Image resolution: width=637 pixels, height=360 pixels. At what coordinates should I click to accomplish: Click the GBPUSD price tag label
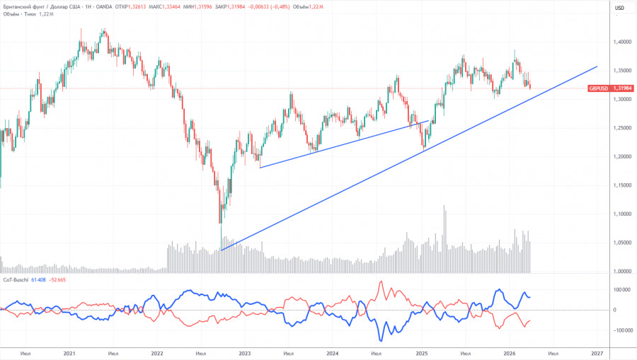pyautogui.click(x=597, y=88)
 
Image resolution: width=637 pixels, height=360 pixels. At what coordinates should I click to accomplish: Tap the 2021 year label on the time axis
pyautogui.click(x=69, y=353)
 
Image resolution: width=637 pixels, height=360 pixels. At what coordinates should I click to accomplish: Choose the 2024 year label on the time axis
pyautogui.click(x=333, y=353)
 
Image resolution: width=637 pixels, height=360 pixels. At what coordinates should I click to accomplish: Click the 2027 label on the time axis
pyautogui.click(x=597, y=353)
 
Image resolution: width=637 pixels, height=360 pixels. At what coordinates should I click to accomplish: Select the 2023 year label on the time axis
pyautogui.click(x=245, y=353)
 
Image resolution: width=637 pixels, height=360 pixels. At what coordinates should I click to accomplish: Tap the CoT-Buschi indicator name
pyautogui.click(x=16, y=281)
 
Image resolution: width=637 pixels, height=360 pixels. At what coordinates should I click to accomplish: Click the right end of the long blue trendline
pyautogui.click(x=597, y=66)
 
